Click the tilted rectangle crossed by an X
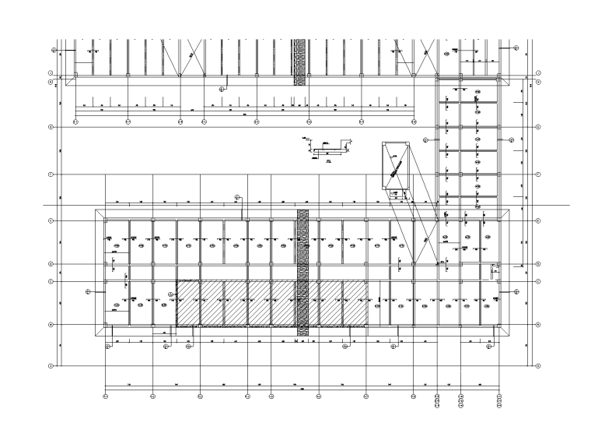(x=396, y=166)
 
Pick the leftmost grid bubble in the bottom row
(x=106, y=396)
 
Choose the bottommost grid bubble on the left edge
(x=51, y=365)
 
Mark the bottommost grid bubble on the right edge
(x=538, y=365)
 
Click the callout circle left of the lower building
(x=88, y=291)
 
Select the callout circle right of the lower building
(x=515, y=291)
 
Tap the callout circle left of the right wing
(x=425, y=139)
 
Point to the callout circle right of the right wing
(x=512, y=139)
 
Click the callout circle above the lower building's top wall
(x=238, y=196)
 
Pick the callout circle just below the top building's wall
(x=222, y=89)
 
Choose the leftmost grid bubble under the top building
(x=75, y=122)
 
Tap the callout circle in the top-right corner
(x=516, y=48)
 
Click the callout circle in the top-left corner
(x=54, y=49)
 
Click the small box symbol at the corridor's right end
(x=494, y=269)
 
